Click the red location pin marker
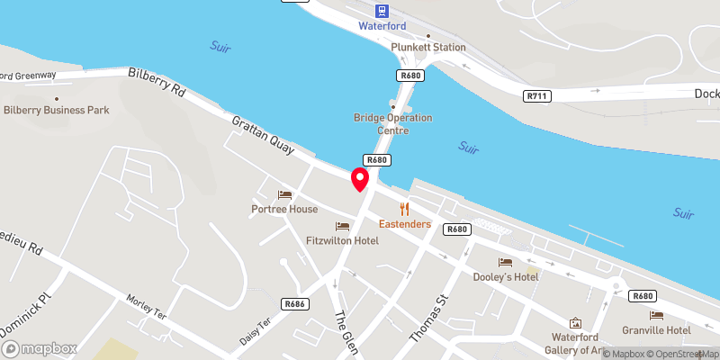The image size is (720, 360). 360,178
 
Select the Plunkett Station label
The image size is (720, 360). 428,47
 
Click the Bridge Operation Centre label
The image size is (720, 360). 392,124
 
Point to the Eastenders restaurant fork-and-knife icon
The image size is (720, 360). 405,208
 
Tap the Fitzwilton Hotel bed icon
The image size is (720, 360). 341,226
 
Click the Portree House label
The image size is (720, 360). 284,209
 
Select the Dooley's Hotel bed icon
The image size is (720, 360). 506,262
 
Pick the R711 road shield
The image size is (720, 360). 536,94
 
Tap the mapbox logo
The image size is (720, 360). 39,347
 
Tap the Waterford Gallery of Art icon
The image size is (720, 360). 576,322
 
